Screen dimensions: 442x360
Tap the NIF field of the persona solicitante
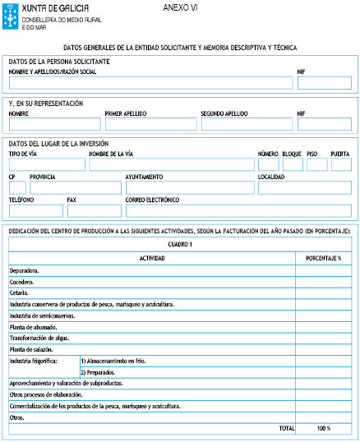pos(324,83)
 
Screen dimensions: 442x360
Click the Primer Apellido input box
pos(150,124)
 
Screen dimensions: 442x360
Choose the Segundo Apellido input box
pos(245,124)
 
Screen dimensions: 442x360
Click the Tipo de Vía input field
pos(46,164)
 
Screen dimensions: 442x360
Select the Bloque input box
pos(292,164)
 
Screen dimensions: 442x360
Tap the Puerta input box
pos(340,164)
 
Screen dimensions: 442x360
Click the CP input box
pos(16,188)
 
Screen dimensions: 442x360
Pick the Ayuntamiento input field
pos(188,188)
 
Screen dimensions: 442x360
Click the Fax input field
pos(93,210)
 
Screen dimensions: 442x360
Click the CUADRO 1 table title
pos(180,245)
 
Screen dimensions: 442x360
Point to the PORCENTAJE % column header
pos(323,258)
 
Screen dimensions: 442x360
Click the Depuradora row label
pos(25,269)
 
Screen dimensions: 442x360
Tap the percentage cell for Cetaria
pos(323,292)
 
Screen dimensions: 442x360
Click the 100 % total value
pos(323,429)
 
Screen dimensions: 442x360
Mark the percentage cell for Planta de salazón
pos(323,349)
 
